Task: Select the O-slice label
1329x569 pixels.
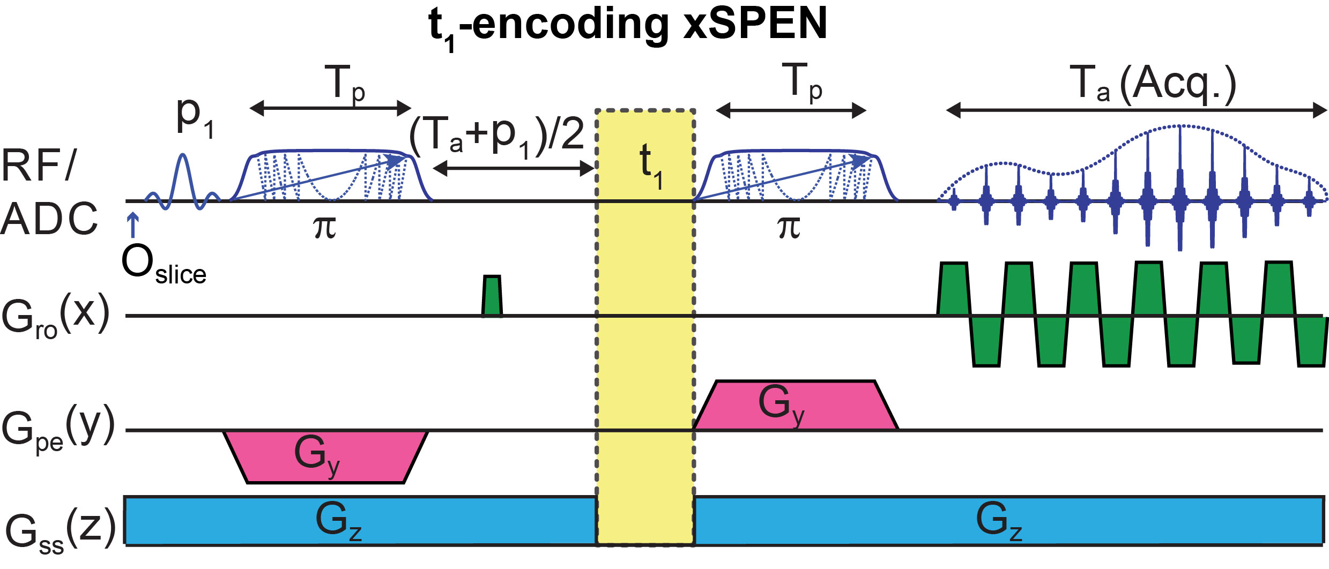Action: coord(164,266)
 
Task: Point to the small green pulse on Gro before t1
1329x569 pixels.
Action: coord(492,296)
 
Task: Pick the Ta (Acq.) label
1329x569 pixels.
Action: coord(1153,85)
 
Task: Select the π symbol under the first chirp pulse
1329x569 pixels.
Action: coord(324,227)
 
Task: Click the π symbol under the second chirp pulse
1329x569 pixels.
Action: coord(789,227)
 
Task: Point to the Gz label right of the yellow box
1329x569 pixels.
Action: coord(999,520)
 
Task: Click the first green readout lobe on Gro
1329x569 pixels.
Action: coord(954,289)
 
